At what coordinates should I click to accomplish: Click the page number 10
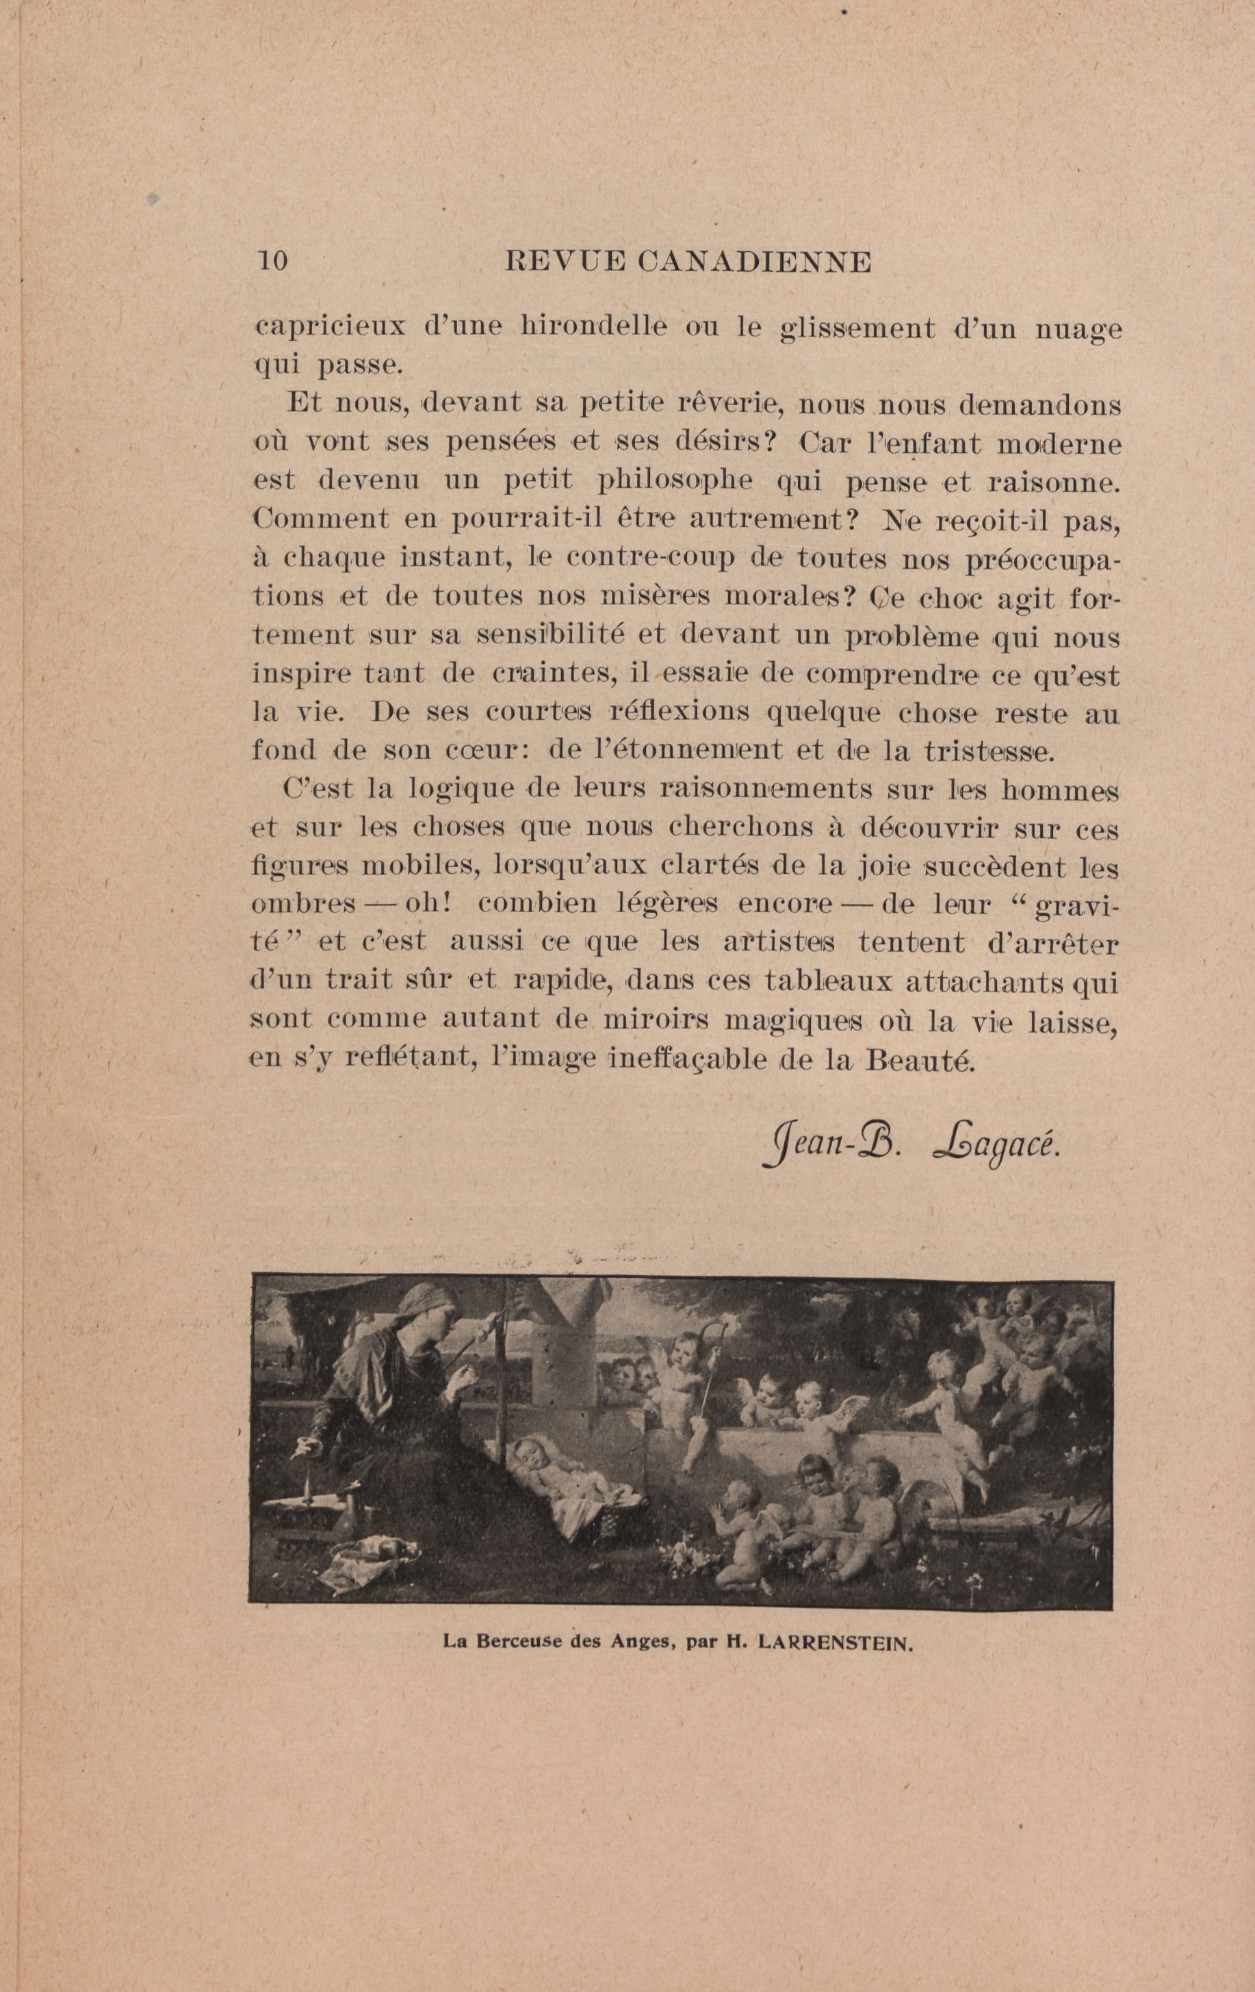tap(272, 261)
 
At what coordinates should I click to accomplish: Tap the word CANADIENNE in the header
tap(755, 262)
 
